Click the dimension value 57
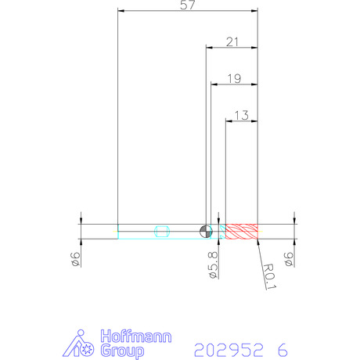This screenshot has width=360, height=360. tap(188, 5)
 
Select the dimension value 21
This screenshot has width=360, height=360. tap(232, 41)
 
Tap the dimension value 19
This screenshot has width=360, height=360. tap(235, 78)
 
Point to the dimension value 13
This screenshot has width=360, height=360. tap(242, 115)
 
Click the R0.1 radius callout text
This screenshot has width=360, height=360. tap(269, 276)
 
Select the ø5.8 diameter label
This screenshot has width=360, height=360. tap(214, 265)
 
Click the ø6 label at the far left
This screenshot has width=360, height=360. tap(76, 259)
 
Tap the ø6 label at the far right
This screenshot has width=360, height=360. tap(289, 259)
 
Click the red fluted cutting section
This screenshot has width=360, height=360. tap(242, 232)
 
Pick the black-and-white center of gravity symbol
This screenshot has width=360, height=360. tap(206, 232)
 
